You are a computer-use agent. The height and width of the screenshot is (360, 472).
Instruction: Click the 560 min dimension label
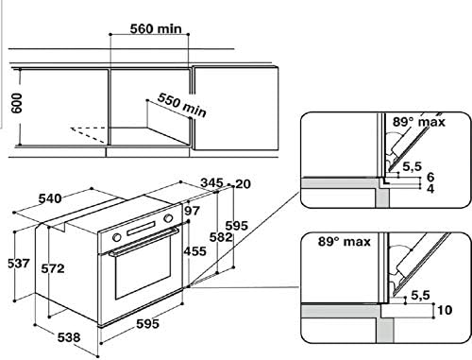(156, 29)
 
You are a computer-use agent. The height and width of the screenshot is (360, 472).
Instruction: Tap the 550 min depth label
(182, 105)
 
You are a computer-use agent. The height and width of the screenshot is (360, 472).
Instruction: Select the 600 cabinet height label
(17, 103)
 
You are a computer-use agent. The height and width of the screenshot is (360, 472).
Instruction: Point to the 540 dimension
(50, 198)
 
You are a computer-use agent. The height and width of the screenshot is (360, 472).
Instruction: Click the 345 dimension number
(211, 182)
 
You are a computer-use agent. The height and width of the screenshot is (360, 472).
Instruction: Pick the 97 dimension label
(192, 211)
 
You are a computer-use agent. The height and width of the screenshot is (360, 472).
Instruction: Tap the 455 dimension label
(195, 251)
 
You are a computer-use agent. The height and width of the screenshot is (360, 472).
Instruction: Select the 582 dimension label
(221, 237)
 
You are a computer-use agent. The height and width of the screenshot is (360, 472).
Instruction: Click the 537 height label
(19, 264)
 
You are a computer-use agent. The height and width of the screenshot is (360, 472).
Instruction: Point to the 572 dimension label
(53, 268)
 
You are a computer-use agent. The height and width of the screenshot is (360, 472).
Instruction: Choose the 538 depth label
(69, 337)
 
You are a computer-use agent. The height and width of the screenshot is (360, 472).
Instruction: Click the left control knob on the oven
(116, 237)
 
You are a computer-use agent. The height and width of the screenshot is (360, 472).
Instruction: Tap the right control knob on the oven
(168, 218)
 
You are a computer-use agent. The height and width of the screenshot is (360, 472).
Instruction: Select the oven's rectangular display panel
(141, 229)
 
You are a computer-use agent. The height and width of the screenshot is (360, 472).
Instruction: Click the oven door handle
(143, 241)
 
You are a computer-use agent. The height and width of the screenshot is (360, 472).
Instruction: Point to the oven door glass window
(143, 267)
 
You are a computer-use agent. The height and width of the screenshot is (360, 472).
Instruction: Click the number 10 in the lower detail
(445, 310)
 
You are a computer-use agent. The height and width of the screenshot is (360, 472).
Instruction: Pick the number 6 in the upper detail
(430, 177)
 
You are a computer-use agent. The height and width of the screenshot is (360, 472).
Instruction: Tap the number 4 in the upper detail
(430, 188)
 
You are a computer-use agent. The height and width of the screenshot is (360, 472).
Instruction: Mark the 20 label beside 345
(243, 184)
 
